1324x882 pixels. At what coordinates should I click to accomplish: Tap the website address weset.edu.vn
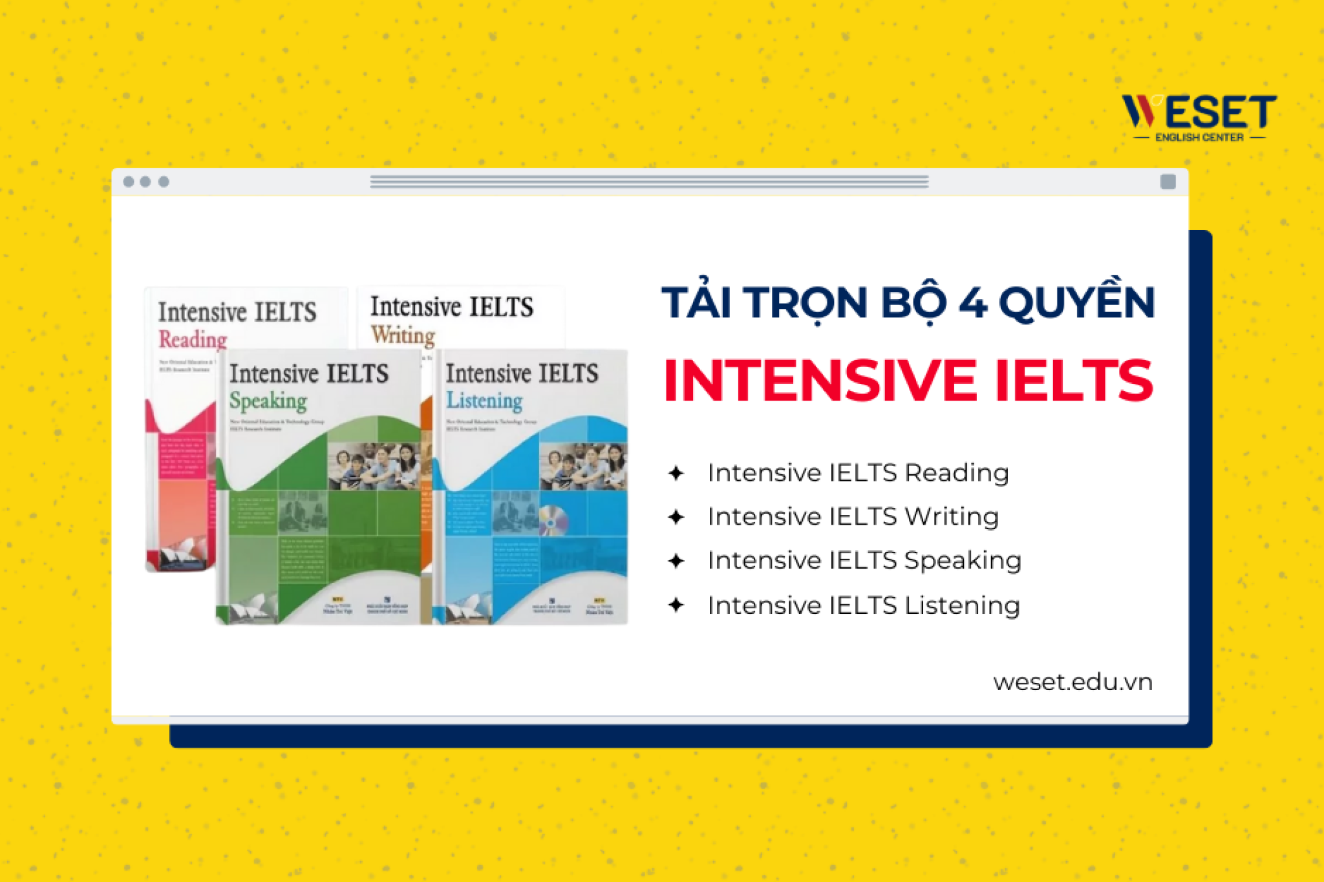pos(1073,682)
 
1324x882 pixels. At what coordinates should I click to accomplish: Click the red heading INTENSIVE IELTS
pos(908,381)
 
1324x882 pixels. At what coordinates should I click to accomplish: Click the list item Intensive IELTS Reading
pos(858,473)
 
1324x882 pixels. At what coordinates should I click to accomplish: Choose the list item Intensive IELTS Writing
pos(853,517)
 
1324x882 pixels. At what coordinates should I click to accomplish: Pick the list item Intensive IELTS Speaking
pos(864,560)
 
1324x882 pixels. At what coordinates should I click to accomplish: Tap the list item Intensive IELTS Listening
pos(864,605)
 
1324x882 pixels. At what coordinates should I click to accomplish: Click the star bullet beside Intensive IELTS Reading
pos(676,473)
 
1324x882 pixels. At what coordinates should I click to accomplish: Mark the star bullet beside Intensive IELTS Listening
pos(676,605)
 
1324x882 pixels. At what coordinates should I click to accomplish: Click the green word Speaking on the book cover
pos(268,401)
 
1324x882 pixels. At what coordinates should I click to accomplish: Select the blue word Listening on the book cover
pos(484,401)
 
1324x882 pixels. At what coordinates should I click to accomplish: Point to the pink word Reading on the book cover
pos(193,339)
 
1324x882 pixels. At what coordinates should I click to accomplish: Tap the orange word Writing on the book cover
pos(403,335)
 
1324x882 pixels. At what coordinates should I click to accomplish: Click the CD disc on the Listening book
pos(553,520)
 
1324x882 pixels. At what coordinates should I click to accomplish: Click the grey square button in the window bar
pos(1168,182)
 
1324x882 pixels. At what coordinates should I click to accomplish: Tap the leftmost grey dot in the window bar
pos(129,182)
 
